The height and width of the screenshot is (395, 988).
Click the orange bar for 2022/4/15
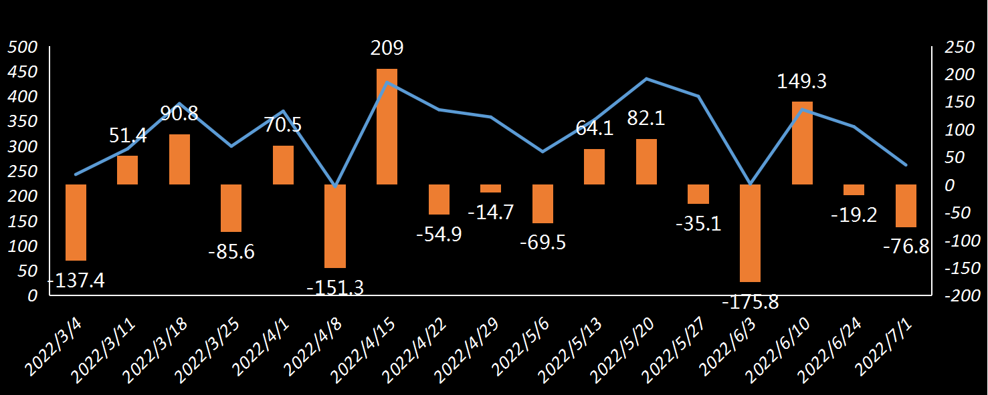click(387, 127)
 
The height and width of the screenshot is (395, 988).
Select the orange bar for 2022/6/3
click(750, 233)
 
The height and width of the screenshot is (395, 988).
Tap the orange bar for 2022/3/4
click(76, 222)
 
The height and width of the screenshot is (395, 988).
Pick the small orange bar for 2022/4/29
click(490, 188)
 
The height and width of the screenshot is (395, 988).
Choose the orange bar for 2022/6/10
click(802, 143)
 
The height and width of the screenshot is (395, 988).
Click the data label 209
click(387, 48)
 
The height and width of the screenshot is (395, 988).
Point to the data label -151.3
click(334, 287)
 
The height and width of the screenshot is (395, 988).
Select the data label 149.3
click(801, 82)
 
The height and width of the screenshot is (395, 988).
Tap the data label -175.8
click(750, 301)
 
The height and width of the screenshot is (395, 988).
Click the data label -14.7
click(490, 213)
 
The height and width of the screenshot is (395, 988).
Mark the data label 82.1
click(646, 118)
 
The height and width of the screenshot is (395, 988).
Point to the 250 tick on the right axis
click(956, 47)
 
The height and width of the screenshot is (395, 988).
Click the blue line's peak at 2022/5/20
click(646, 79)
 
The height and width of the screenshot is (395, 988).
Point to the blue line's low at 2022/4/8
click(335, 185)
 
